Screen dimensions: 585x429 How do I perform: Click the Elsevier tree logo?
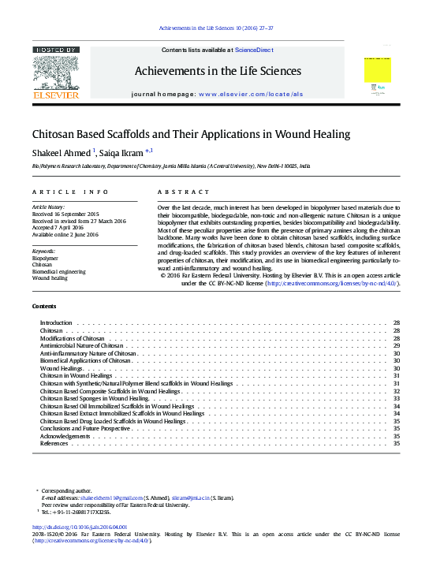coord(56,73)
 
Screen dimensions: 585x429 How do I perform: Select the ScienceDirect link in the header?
coord(254,50)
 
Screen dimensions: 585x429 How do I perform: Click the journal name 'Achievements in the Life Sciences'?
coord(218,71)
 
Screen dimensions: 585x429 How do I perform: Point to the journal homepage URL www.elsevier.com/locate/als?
coord(251,94)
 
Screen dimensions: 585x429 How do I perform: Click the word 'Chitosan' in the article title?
coord(52,134)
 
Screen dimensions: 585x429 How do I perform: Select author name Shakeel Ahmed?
coord(62,152)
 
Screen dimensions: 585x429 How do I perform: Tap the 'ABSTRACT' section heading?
coord(185,192)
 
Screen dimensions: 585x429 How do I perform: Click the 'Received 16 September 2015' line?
coord(65,214)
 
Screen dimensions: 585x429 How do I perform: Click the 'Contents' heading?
coord(44,306)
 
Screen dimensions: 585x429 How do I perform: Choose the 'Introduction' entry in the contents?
coord(56,323)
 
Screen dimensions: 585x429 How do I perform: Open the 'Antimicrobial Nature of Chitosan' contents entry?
coord(82,346)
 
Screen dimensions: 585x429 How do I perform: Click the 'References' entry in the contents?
coord(54,443)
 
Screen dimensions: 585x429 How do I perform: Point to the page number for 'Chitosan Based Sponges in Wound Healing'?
coord(396,398)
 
